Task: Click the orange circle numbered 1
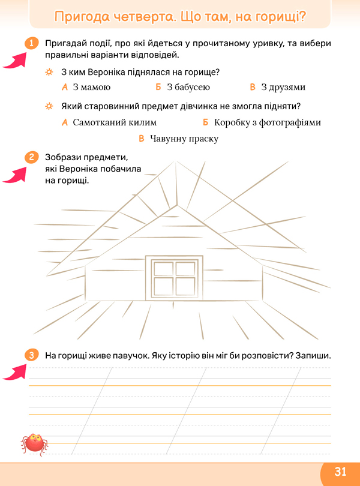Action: pyautogui.click(x=32, y=43)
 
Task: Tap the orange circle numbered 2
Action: pyautogui.click(x=32, y=157)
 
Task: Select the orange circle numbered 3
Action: pyautogui.click(x=32, y=355)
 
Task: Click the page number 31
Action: pyautogui.click(x=340, y=472)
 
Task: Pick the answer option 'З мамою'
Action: pyautogui.click(x=91, y=87)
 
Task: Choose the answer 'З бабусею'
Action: pyautogui.click(x=188, y=87)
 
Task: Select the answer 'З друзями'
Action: pyautogui.click(x=283, y=88)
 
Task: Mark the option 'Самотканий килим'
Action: pyautogui.click(x=115, y=122)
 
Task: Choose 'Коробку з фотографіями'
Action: pyautogui.click(x=267, y=123)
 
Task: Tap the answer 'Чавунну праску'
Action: pyautogui.click(x=184, y=139)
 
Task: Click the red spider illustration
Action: pyautogui.click(x=34, y=444)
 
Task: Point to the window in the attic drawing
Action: pyautogui.click(x=174, y=278)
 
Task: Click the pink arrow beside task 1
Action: pyautogui.click(x=15, y=60)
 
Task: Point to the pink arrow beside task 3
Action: pyautogui.click(x=15, y=372)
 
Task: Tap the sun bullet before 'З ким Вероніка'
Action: pyautogui.click(x=49, y=72)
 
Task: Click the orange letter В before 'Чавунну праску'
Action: pyautogui.click(x=142, y=138)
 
